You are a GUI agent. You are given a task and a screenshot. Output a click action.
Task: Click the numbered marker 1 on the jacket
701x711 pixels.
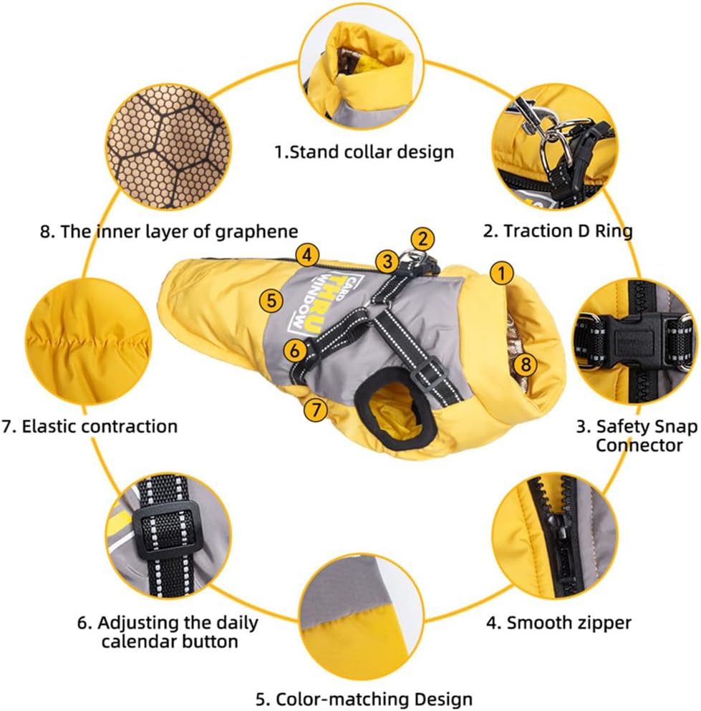pos(501,274)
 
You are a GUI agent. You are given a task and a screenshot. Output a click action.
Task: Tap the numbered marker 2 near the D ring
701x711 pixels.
pos(422,239)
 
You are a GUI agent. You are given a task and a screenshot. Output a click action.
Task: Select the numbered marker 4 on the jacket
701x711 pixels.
pos(307,256)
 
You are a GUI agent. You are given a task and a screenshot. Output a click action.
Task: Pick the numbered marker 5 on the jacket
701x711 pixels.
pos(271,301)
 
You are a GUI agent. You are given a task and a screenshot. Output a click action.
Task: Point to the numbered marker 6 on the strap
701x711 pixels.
pos(295,351)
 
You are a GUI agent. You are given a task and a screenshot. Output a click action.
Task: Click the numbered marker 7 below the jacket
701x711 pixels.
pos(315,410)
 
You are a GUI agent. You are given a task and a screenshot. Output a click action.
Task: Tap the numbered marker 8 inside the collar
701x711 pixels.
pos(526,364)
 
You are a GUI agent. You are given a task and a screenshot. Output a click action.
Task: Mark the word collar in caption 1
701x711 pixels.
pos(361,152)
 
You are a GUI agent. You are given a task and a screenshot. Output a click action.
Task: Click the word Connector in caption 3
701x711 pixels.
pos(639,445)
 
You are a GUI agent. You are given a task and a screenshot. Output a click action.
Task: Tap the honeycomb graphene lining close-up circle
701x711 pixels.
pos(169,147)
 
